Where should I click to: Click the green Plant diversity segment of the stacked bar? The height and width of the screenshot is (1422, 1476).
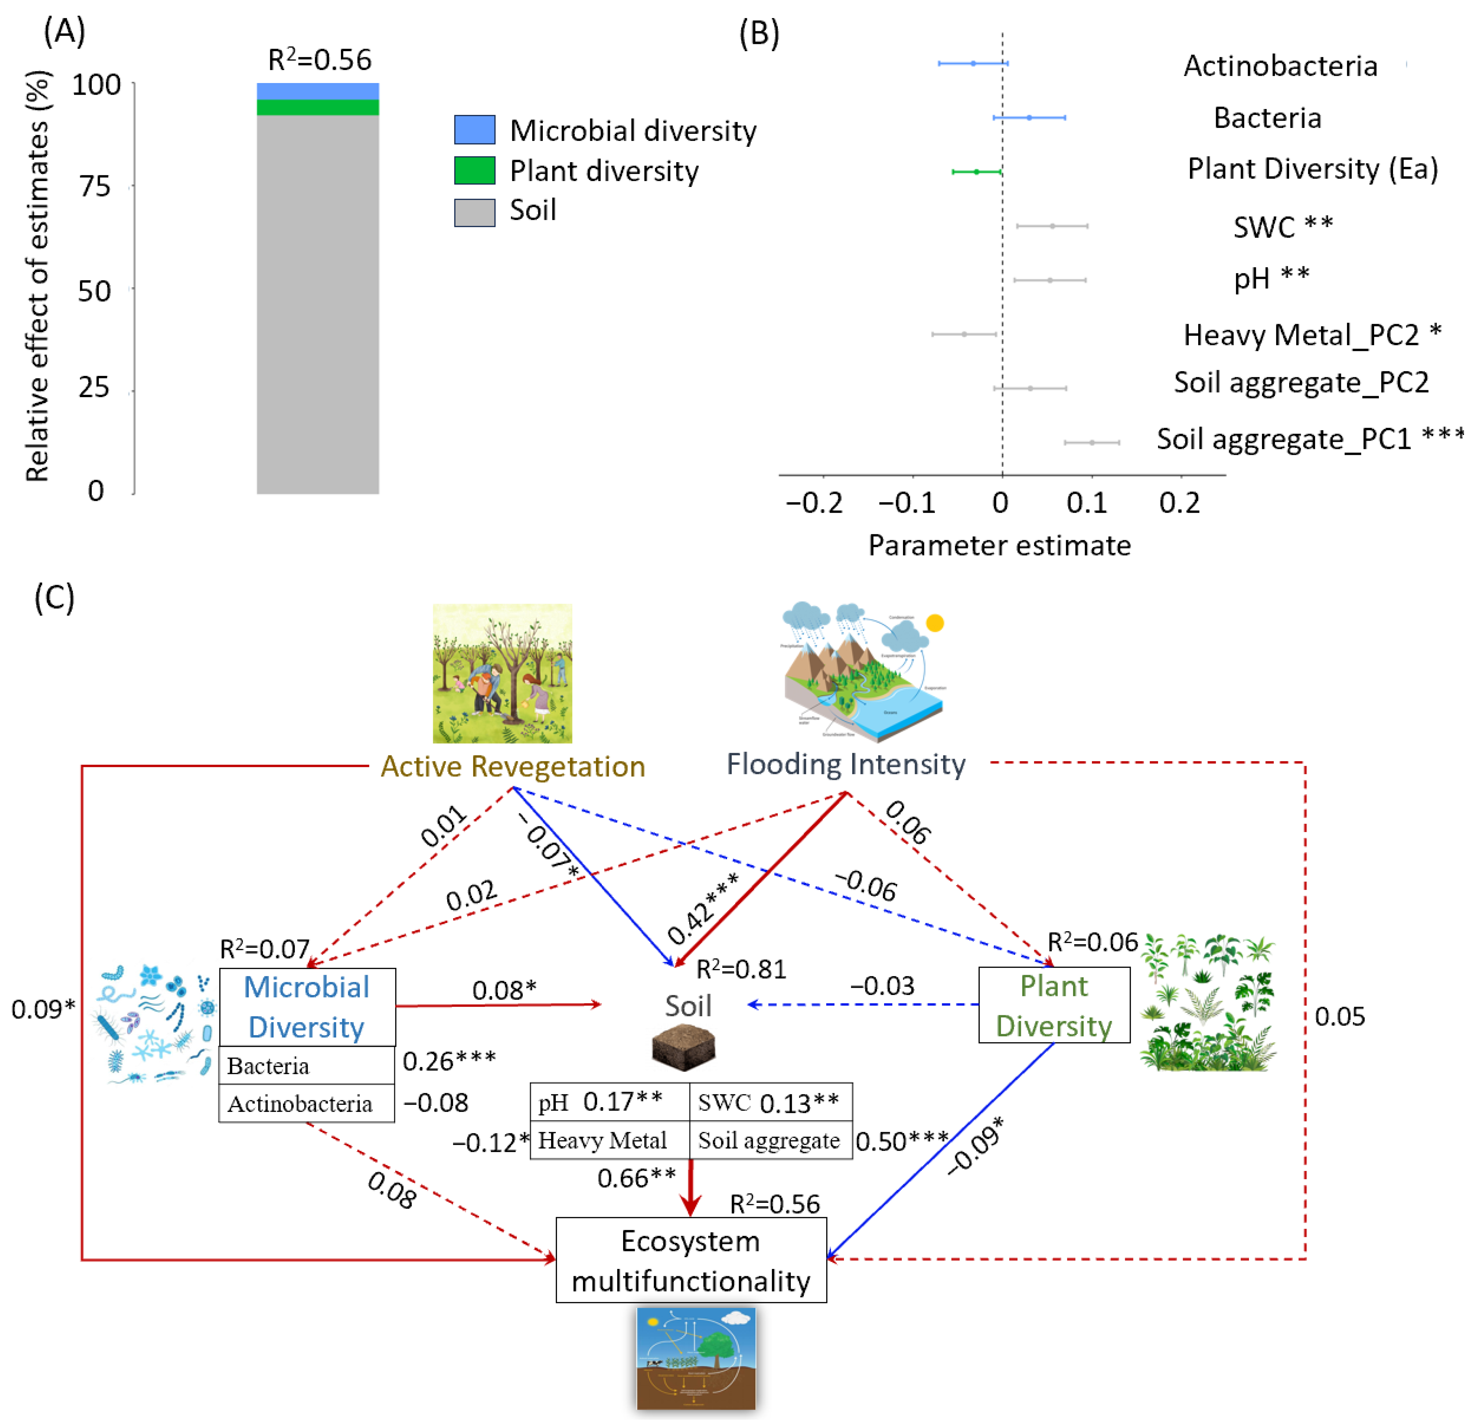[318, 107]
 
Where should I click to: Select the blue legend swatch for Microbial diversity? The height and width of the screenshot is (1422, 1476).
[474, 130]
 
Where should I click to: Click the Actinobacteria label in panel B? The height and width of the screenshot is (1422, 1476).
[1280, 66]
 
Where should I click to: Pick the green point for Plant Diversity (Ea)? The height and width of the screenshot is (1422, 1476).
[977, 172]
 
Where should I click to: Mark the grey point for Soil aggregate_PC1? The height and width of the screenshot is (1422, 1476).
[1092, 442]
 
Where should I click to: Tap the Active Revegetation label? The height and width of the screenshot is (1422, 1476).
[513, 766]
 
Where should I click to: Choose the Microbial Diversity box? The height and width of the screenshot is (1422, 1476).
[307, 1007]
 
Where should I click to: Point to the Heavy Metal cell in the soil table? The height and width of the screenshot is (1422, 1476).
[603, 1140]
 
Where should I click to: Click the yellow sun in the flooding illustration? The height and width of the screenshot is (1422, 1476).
[935, 623]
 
